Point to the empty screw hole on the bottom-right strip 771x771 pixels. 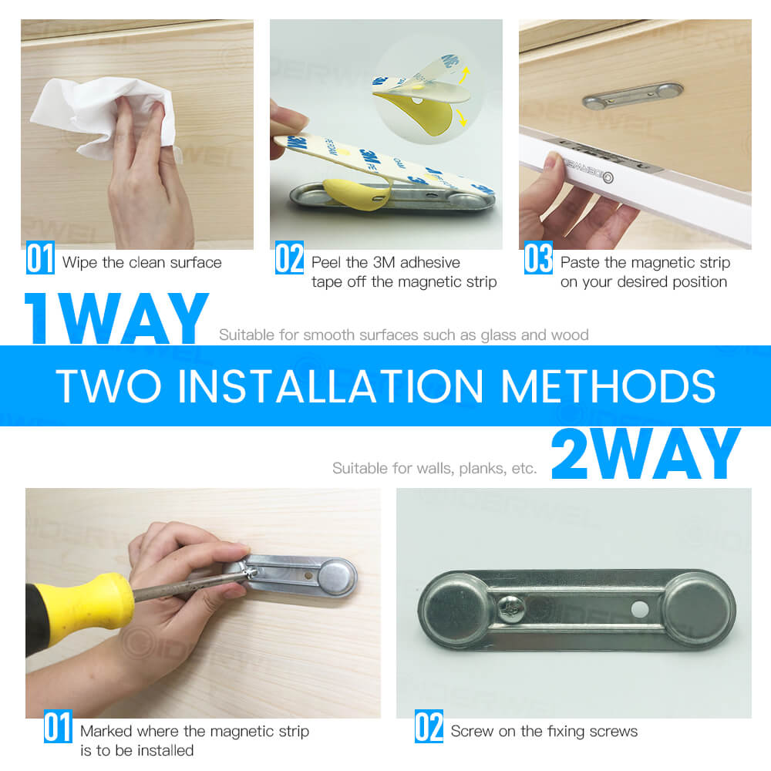639,609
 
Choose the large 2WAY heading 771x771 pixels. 646,455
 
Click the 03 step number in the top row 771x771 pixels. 538,259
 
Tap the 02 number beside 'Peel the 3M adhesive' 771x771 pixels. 289,259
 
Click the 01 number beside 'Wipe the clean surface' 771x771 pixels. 40,259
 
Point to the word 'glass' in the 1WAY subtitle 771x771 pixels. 502,335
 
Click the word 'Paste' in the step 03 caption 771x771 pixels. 580,263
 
